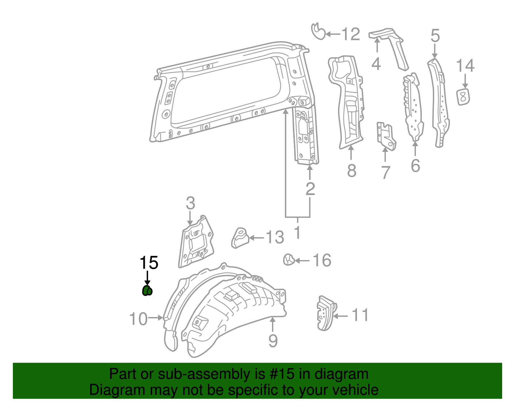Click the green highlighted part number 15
147,291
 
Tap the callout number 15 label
149,263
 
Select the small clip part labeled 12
318,32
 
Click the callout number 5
435,36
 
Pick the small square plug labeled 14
463,97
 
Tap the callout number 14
465,66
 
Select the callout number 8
351,171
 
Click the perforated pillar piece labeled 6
413,108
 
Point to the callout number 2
310,189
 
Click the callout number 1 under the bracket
298,232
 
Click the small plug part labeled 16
289,259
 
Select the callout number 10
138,319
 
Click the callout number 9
273,341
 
